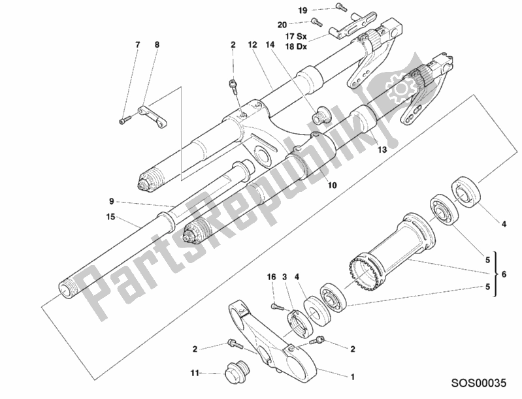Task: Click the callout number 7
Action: (138, 44)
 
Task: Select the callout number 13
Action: (382, 150)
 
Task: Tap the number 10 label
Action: (332, 185)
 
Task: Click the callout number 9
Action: (112, 202)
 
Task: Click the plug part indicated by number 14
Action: (321, 116)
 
